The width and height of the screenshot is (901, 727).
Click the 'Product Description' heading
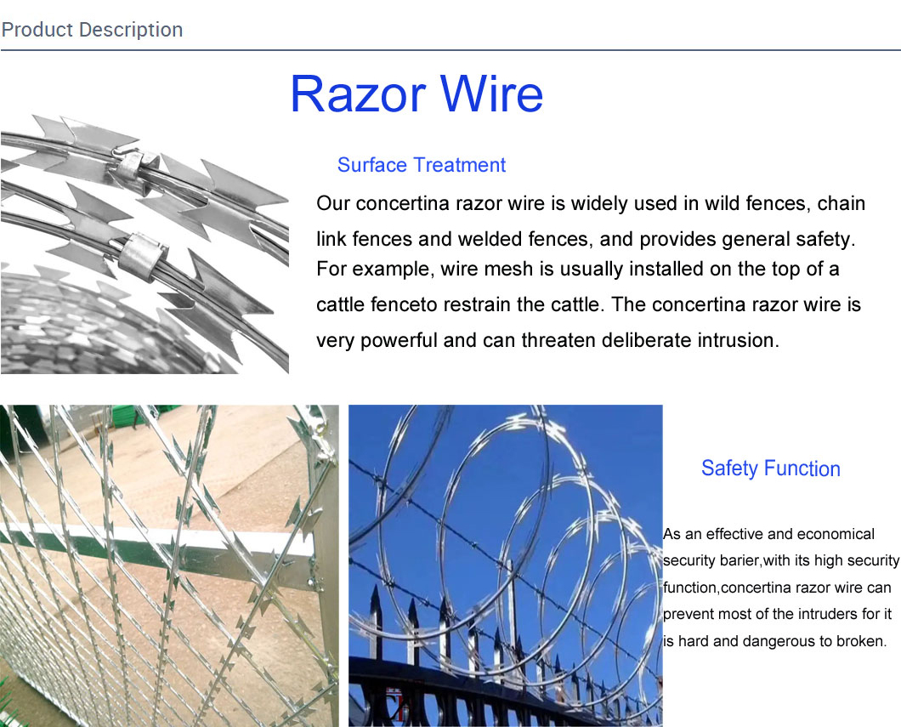(x=92, y=30)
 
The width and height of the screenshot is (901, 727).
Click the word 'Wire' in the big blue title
(x=491, y=94)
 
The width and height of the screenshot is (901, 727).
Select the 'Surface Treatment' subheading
(x=422, y=165)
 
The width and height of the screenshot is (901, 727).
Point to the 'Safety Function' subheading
(x=771, y=469)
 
